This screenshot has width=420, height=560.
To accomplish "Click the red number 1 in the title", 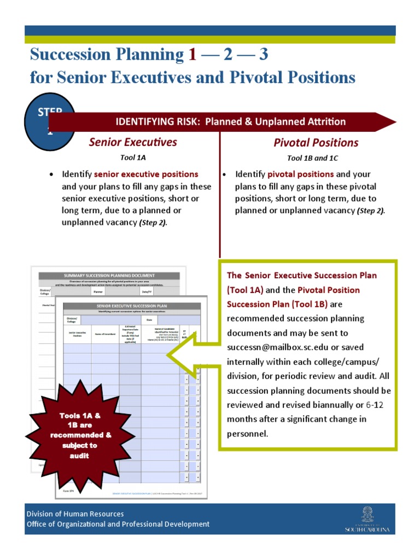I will click(x=191, y=55).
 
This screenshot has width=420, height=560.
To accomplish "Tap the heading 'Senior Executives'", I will click(x=133, y=143).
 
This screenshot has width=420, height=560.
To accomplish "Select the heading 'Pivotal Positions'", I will click(x=316, y=143).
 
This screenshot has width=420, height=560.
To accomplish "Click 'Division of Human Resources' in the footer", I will click(x=75, y=514).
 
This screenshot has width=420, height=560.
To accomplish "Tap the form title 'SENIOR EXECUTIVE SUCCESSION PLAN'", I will click(x=132, y=306).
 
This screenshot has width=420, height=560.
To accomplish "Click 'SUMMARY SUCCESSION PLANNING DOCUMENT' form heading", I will click(x=109, y=275).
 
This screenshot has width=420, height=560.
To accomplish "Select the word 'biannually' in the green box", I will click(x=335, y=405).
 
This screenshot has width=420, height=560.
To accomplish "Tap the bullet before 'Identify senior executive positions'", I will click(x=51, y=174).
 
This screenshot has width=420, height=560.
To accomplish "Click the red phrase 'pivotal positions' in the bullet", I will click(x=300, y=174).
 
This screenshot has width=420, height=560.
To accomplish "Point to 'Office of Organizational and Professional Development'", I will click(x=118, y=524).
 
